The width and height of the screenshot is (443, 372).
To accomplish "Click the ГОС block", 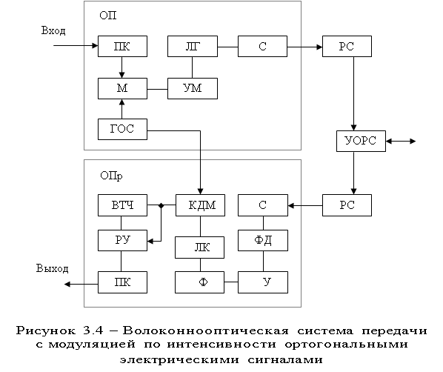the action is point(122,129).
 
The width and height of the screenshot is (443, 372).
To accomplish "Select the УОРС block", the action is point(361,141).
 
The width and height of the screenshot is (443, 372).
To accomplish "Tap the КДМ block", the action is point(200,205).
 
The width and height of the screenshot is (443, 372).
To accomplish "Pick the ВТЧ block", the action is point(122,205).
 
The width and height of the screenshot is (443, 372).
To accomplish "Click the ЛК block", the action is point(199,248).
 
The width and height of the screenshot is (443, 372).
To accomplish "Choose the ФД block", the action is point(263,240).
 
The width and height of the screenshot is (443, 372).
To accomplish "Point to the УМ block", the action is point(193,88).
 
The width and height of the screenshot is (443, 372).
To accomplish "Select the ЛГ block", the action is point(193,46).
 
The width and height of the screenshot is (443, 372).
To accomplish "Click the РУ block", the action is point(122,240).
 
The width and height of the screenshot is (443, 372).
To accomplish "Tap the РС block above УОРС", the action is point(347,46).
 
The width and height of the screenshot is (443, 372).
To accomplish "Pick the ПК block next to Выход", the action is point(122,282).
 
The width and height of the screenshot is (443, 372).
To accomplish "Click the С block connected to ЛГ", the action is point(262,46).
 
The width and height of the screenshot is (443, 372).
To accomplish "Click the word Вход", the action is point(53,30).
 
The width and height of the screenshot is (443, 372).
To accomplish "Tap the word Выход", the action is point(53,268).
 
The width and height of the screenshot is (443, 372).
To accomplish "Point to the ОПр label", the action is point(111,176).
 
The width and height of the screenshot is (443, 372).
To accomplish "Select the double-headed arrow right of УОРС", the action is point(401,141).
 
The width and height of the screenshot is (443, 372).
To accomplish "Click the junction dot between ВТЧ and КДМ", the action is point(161,205).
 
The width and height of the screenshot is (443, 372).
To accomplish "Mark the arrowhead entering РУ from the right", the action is point(150,241).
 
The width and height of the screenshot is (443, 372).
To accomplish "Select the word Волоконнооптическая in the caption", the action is point(206,331).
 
